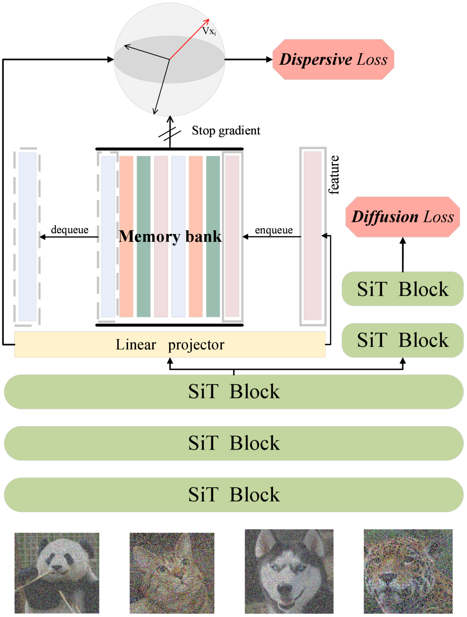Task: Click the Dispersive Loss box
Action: click(x=333, y=60)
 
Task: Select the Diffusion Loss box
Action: click(x=402, y=217)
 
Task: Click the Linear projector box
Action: click(x=170, y=345)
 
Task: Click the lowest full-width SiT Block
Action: click(x=233, y=495)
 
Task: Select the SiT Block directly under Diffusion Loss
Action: click(x=402, y=289)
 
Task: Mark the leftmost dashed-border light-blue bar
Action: click(x=27, y=237)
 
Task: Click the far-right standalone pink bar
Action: click(x=313, y=237)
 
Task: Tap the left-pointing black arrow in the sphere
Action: click(x=145, y=52)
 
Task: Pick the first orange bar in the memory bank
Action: click(x=127, y=237)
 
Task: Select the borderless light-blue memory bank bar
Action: click(x=178, y=237)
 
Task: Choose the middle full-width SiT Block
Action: click(x=233, y=443)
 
